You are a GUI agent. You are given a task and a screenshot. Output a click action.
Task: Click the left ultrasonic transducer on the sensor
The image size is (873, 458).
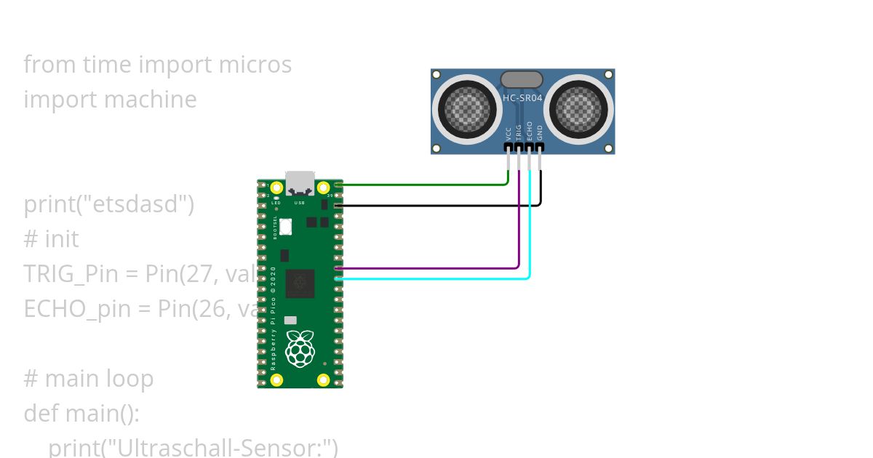pos(466,111)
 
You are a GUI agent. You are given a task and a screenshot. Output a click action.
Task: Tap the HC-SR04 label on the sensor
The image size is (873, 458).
pos(522,97)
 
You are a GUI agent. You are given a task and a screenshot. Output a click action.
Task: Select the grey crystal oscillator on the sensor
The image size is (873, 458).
pos(522,79)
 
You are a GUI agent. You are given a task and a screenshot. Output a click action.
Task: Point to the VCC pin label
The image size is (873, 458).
pos(509,133)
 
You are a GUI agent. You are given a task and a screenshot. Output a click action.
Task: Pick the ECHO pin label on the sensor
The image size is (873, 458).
pos(529,130)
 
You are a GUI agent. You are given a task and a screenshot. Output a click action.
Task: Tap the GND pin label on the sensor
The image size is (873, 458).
pos(539,132)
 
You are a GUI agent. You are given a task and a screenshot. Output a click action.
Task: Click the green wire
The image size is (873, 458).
pos(422,185)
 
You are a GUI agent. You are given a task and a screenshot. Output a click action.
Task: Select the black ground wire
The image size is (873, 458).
pos(436,206)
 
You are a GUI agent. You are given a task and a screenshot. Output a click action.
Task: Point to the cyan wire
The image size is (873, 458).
pos(436,278)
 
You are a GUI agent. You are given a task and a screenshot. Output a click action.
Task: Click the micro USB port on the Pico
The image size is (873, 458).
pos(300,182)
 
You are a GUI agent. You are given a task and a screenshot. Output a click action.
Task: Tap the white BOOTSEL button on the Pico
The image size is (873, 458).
pos(287,228)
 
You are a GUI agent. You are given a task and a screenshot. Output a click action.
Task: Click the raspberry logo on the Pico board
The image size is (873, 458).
pos(300,348)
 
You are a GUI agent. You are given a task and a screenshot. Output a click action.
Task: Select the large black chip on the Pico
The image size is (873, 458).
pos(300,284)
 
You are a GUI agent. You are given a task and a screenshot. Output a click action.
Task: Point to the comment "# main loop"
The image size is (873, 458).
pos(89,379)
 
